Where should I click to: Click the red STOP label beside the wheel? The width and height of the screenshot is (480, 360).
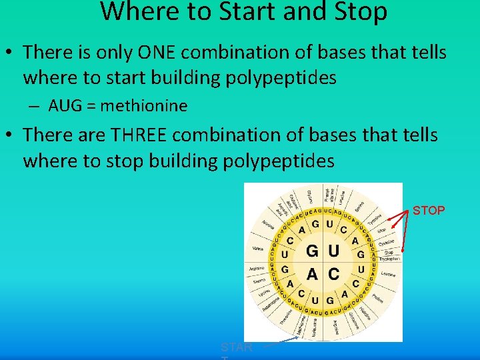coord(429,211)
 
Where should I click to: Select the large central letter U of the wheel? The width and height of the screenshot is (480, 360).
coord(333,251)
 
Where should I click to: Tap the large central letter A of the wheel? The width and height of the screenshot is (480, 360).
coord(311,273)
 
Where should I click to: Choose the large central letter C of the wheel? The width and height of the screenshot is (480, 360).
coord(334,273)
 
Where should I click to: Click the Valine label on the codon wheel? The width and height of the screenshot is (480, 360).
coord(257,248)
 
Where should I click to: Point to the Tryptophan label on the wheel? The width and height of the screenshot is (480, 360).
coord(389,259)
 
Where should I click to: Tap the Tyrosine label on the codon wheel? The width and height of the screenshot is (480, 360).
coord(374,219)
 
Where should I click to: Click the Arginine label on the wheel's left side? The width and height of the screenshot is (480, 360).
coord(257,269)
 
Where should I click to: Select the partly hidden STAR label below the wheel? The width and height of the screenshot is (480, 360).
coord(237,347)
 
